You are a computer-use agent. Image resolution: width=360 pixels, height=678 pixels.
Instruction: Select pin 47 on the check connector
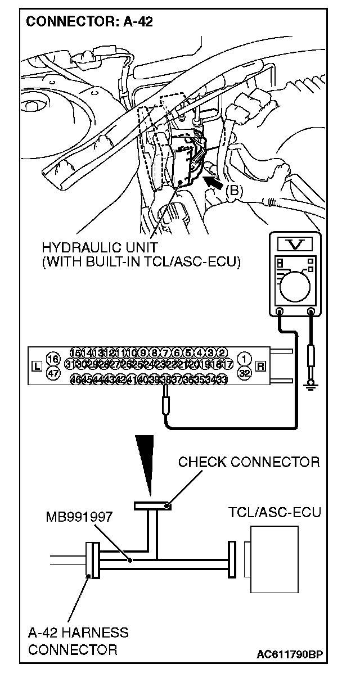(53, 373)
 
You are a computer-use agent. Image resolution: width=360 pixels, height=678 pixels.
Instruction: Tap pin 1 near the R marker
(244, 359)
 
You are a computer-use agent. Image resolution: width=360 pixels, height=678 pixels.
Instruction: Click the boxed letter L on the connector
(38, 367)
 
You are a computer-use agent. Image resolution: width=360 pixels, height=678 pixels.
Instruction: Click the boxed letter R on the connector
(260, 367)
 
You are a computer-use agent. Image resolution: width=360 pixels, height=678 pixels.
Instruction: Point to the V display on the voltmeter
(294, 243)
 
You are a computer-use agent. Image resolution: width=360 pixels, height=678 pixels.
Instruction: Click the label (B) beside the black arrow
(234, 191)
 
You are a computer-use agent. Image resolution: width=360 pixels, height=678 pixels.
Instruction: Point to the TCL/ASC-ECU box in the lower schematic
(274, 559)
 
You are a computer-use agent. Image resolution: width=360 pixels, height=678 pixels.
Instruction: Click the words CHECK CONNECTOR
(249, 462)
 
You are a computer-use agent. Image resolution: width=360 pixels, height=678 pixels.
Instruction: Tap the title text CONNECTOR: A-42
(89, 22)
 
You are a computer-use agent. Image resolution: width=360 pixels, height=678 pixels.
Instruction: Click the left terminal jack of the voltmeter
(280, 310)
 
